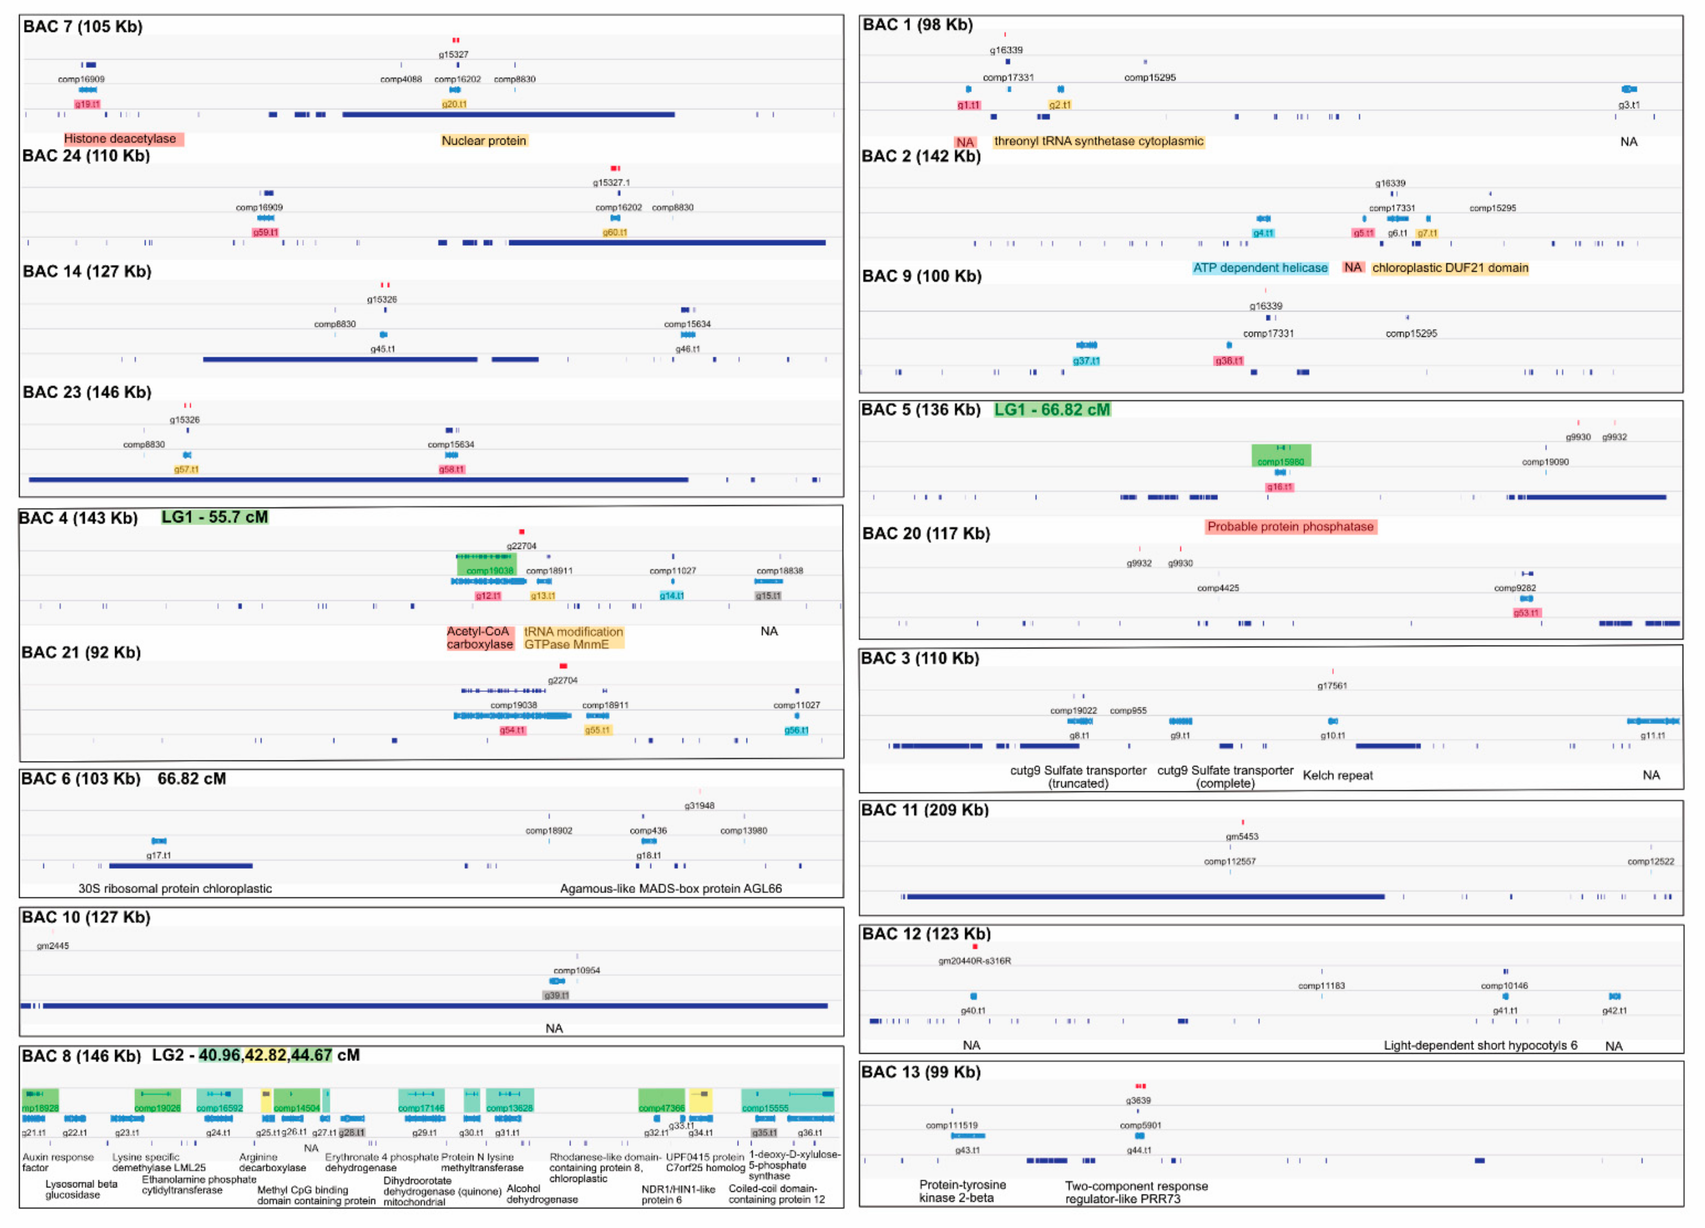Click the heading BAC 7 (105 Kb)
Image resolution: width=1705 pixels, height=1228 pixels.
tap(83, 26)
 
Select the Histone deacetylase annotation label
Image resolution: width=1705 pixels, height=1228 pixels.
tap(120, 139)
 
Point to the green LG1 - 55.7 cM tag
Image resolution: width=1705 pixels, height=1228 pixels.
tap(215, 518)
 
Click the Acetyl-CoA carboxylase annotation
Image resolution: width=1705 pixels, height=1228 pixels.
tap(480, 638)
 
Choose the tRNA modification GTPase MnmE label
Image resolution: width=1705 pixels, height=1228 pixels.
tap(574, 638)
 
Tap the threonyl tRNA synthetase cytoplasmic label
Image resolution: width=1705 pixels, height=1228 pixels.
tap(1098, 141)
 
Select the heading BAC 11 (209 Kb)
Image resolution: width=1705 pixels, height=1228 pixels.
tap(925, 810)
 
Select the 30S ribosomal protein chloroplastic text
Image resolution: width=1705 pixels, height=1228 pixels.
tap(175, 889)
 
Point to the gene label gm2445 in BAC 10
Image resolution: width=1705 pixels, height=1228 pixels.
tap(53, 946)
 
